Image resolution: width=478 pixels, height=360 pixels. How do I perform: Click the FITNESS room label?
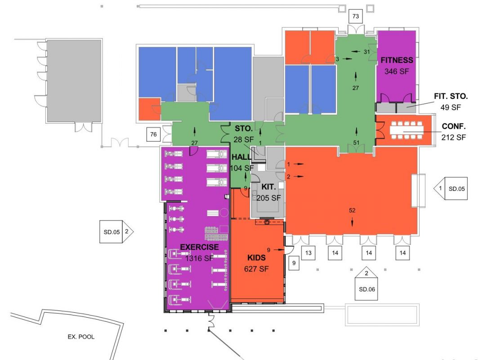397,60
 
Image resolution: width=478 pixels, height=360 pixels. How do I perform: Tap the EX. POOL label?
81,337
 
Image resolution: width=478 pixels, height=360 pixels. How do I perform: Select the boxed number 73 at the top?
356,17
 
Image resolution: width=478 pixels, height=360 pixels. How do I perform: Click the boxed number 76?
153,134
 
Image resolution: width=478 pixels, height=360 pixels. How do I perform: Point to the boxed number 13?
308,253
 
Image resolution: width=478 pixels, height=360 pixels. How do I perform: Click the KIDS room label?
256,258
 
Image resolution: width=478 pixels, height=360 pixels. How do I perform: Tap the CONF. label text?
453,126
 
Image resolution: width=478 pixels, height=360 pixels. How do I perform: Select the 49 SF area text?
451,107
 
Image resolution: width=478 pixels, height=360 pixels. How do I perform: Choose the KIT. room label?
268,187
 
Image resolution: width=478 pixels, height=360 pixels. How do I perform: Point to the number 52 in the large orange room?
352,210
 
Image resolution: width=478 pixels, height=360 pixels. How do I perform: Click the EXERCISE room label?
199,247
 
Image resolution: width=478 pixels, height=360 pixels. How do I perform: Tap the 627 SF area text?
256,269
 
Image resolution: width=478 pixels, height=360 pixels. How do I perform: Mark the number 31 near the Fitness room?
366,52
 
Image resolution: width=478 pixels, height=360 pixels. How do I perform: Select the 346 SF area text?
397,71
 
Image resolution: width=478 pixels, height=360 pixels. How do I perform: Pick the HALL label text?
241,157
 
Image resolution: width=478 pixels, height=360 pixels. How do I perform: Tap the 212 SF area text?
453,138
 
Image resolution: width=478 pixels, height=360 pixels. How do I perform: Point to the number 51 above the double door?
357,142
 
